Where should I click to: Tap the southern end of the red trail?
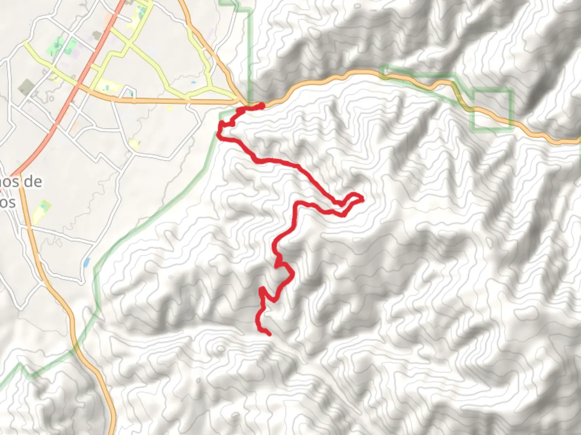(x=268, y=333)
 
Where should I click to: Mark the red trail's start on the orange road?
(x=262, y=106)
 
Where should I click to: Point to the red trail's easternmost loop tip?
(x=362, y=199)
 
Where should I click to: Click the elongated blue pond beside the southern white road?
(x=86, y=263)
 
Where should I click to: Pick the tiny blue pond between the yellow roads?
(x=194, y=83)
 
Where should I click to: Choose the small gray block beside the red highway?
(x=97, y=35)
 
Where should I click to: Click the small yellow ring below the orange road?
(x=169, y=108)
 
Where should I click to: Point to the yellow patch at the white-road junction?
(x=134, y=144)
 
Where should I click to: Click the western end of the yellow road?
(x=24, y=42)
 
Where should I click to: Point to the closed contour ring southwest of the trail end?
(x=219, y=348)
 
